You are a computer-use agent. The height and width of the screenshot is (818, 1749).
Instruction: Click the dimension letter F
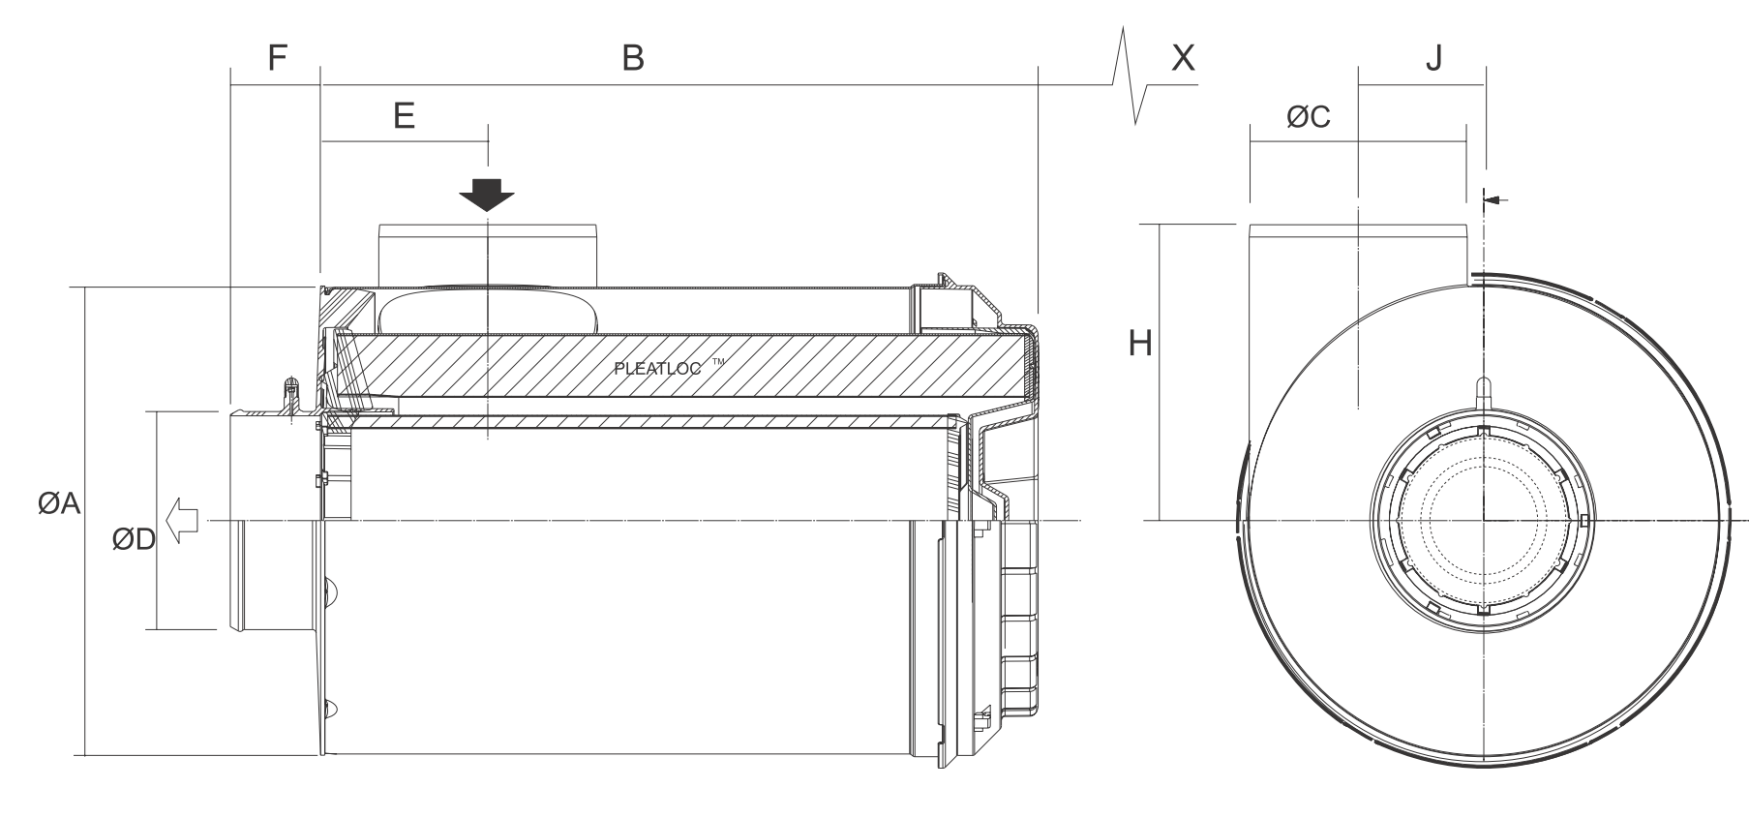(x=277, y=58)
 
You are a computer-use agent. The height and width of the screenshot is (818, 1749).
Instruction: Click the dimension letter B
(x=632, y=58)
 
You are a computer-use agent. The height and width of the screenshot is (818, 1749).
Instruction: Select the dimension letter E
(x=404, y=116)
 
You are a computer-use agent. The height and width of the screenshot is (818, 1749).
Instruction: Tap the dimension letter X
(x=1182, y=58)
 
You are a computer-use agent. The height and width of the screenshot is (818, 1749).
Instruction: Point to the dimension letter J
(x=1433, y=58)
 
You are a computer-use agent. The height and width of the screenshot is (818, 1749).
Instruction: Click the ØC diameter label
(x=1308, y=117)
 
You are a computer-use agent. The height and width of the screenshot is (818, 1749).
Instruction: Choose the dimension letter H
(x=1140, y=343)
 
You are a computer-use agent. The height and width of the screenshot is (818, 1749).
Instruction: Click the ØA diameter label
(x=59, y=503)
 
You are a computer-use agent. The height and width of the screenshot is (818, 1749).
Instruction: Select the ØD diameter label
(x=133, y=539)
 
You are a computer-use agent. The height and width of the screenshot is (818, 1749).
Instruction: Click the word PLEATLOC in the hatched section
(x=657, y=369)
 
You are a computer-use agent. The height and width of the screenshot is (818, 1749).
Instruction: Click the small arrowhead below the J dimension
(x=1492, y=199)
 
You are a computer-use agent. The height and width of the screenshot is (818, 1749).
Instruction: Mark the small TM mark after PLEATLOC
(x=717, y=362)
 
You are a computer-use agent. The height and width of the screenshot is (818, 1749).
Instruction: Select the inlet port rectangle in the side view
(x=488, y=255)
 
